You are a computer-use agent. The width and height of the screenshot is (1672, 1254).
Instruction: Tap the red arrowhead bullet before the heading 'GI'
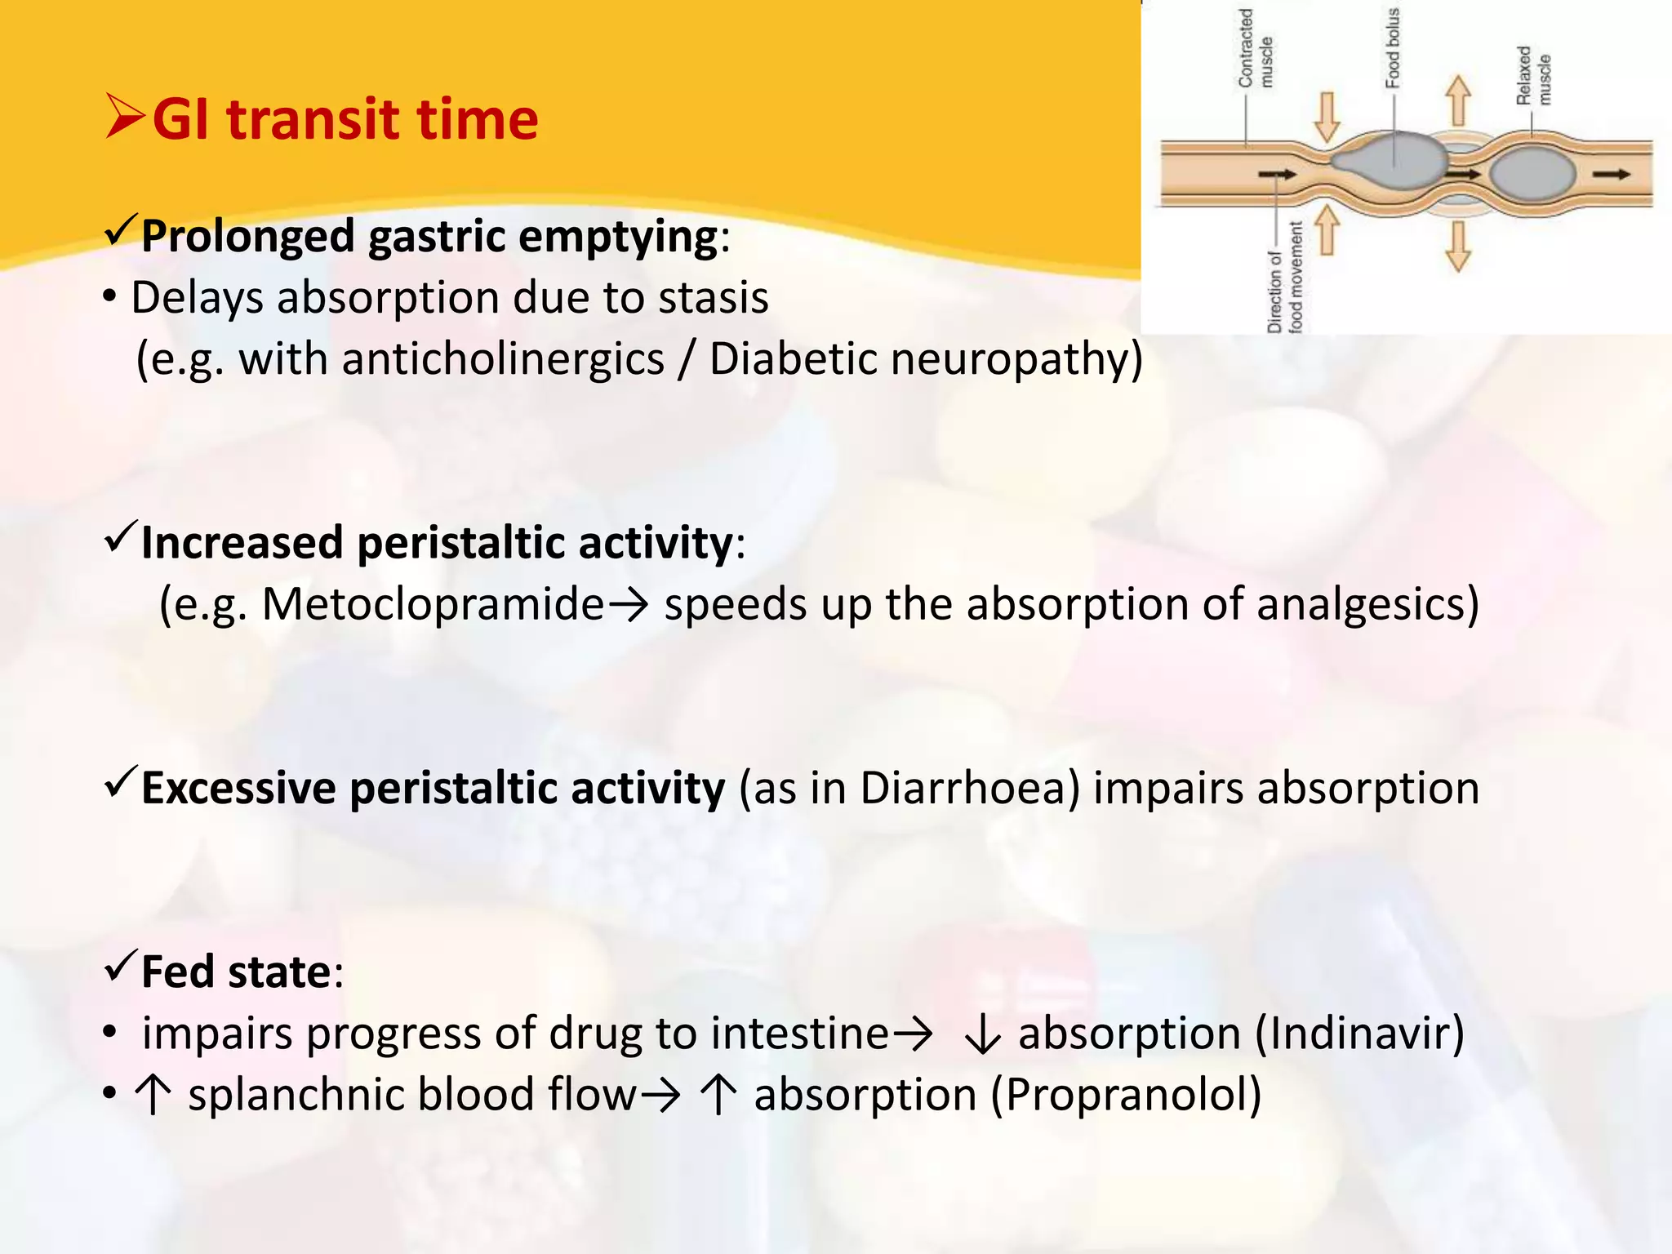click(x=125, y=116)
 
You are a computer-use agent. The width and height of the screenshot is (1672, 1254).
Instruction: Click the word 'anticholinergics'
click(x=503, y=359)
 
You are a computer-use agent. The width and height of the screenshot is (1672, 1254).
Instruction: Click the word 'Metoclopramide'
click(x=433, y=605)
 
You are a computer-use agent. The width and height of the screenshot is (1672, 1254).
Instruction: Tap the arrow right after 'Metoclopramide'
click(x=629, y=606)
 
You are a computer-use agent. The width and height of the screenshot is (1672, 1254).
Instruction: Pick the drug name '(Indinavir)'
click(x=1359, y=1034)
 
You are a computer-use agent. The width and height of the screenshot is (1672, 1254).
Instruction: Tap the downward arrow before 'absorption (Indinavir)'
click(x=982, y=1035)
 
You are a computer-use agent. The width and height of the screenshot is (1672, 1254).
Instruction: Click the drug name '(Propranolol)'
click(x=1126, y=1095)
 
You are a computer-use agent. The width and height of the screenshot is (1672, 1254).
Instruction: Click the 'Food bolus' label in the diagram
click(x=1392, y=47)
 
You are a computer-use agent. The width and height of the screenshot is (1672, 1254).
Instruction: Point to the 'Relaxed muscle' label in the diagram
click(x=1532, y=75)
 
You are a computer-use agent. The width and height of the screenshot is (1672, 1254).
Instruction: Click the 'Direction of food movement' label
click(x=1284, y=278)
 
